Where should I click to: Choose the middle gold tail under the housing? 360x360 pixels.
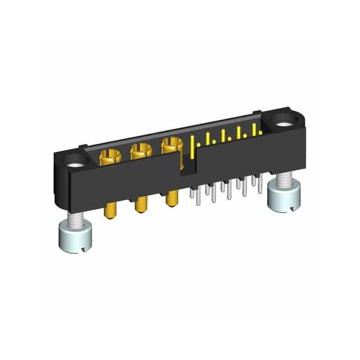[x=139, y=206]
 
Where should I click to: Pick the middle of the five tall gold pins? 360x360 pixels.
[x=224, y=138]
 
